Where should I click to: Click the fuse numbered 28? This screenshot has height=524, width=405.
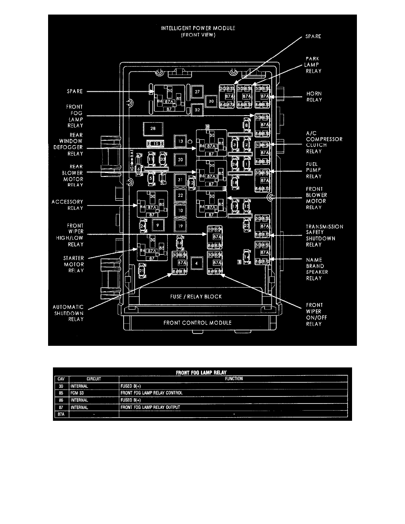pyautogui.click(x=153, y=128)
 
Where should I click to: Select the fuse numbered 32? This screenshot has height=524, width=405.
pyautogui.click(x=197, y=109)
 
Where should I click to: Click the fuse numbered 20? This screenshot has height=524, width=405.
pyautogui.click(x=180, y=159)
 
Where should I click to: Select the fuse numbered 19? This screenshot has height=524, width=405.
pyautogui.click(x=180, y=226)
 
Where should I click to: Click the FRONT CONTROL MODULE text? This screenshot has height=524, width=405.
pyautogui.click(x=197, y=322)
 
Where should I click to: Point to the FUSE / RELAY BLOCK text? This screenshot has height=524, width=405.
pyautogui.click(x=197, y=296)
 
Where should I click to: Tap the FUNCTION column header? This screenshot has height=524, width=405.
pyautogui.click(x=233, y=378)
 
